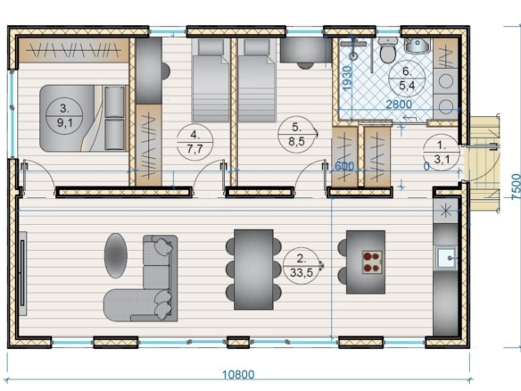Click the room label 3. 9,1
coord(64,115)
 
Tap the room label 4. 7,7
coord(194,142)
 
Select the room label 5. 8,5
coord(296,135)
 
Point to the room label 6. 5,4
coord(407,79)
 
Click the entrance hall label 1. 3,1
coord(442,153)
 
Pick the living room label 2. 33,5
coord(301,265)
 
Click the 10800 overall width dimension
coord(238,375)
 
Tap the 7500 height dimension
coord(516,187)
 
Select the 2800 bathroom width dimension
coord(399,104)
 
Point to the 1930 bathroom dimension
coord(346,79)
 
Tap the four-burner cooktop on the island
coord(371,262)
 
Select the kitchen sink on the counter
coord(446,258)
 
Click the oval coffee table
coord(116,255)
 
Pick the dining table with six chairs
coord(253,270)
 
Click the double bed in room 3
coord(84,118)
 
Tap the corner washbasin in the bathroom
coord(418,46)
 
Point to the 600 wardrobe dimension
coord(344,166)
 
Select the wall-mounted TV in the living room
coord(22,273)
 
